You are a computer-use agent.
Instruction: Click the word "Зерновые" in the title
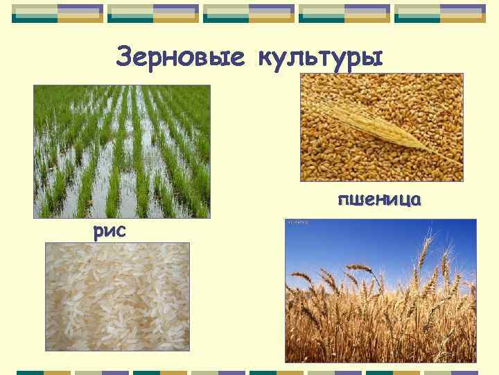click(x=180, y=56)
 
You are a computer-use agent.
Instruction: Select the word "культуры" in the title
click(x=319, y=56)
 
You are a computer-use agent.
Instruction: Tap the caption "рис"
click(x=110, y=231)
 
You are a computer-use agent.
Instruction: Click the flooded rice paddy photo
click(x=122, y=151)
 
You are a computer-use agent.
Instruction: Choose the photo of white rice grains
click(x=117, y=297)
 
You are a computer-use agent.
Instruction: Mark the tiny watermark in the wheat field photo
click(x=299, y=223)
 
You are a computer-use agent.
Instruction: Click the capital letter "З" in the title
click(x=126, y=56)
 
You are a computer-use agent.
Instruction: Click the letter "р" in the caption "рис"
click(x=98, y=232)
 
